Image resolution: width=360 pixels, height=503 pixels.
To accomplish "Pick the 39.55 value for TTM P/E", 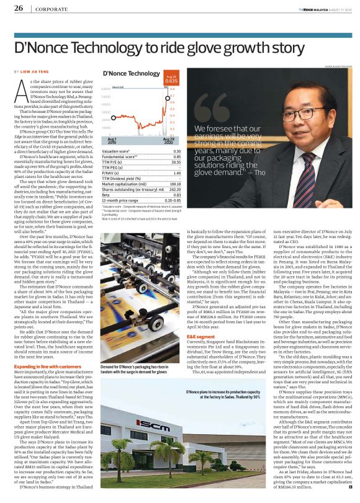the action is pyautogui.click(x=176, y=162).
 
